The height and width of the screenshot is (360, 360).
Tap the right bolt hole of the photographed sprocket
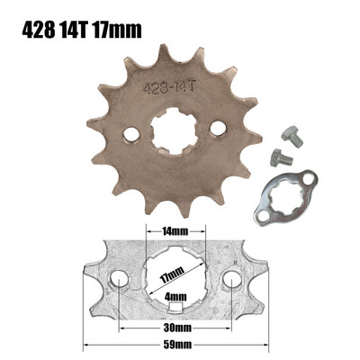click(216, 130)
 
